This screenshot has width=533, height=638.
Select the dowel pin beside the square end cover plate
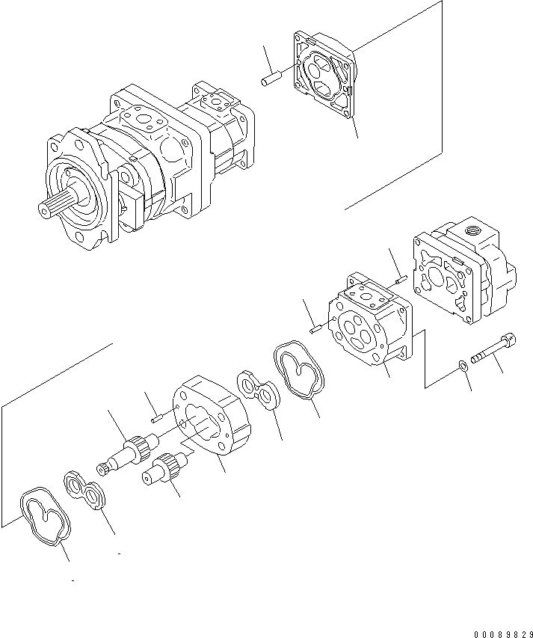(269, 77)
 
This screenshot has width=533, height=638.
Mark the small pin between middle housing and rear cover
(400, 280)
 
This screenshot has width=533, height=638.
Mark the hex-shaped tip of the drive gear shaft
(102, 469)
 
